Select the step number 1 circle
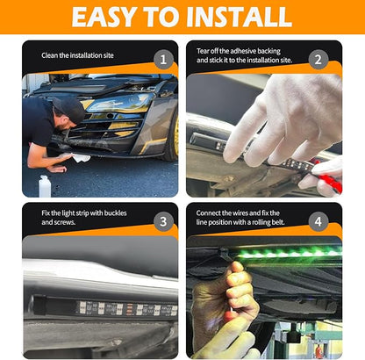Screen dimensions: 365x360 [163, 60]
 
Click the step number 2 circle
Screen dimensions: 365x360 [318, 60]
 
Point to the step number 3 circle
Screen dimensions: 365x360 [163, 221]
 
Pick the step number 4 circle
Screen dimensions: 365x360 [318, 221]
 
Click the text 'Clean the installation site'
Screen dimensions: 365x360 [77, 55]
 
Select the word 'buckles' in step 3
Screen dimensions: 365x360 [115, 212]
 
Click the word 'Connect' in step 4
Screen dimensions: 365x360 [208, 212]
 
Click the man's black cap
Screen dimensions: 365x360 [70, 109]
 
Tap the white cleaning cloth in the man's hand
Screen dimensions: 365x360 [81, 158]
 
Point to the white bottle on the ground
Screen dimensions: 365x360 [45, 186]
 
